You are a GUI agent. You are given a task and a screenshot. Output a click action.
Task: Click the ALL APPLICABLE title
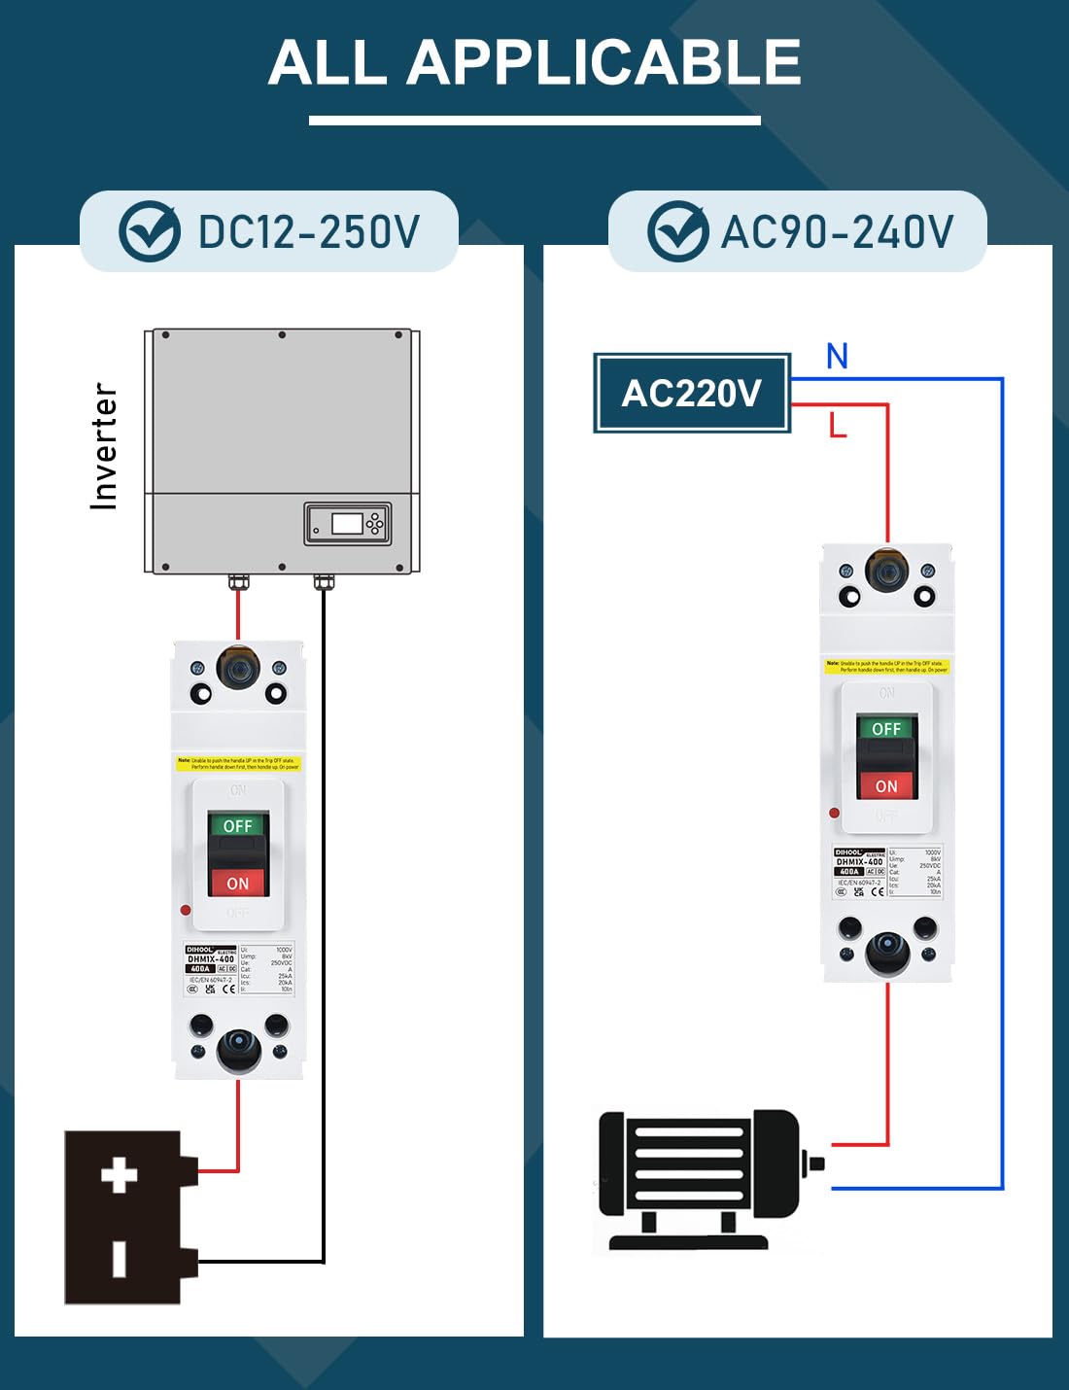(534, 63)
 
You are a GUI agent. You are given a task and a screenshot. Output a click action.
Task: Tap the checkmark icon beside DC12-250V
(149, 231)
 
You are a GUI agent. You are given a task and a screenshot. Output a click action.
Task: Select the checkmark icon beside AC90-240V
(677, 231)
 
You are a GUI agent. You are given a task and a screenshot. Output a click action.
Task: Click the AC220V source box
(691, 394)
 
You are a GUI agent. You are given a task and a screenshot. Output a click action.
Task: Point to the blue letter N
(837, 357)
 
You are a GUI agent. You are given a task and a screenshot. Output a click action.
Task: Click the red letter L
(838, 425)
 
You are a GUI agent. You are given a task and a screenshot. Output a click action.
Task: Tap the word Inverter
(104, 446)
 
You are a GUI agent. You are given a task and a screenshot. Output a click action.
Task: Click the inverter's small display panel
(348, 524)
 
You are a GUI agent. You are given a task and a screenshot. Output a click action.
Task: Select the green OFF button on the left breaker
(237, 825)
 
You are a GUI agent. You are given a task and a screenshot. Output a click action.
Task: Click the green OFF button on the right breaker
(885, 728)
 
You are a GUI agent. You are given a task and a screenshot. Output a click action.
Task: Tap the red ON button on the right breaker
(885, 785)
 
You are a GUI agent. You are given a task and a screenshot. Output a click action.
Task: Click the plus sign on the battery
(120, 1175)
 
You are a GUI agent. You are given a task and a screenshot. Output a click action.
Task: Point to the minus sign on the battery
(120, 1259)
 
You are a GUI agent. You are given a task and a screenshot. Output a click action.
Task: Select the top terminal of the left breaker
(238, 668)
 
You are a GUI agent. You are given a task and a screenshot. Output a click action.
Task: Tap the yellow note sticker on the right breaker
(886, 666)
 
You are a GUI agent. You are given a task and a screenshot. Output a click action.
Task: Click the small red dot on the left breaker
(185, 911)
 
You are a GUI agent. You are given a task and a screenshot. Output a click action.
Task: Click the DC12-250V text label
(308, 232)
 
